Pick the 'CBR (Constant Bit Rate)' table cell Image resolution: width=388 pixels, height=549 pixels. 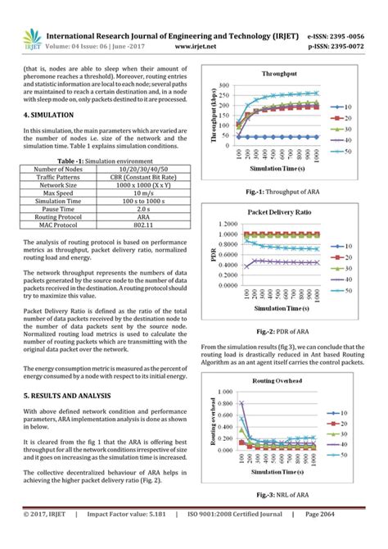tap(143, 176)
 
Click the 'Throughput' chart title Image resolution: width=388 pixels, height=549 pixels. tap(279, 74)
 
